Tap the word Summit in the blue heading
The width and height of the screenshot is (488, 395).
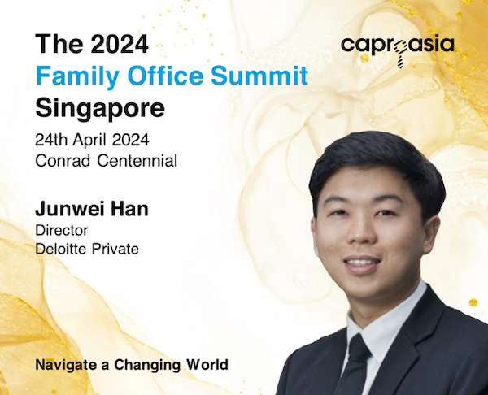[259, 76]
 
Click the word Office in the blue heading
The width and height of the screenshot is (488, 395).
[165, 76]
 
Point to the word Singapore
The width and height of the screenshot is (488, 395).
[100, 109]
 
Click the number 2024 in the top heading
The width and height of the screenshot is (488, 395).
[120, 44]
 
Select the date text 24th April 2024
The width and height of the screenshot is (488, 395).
[92, 141]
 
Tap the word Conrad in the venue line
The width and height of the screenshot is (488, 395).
[63, 161]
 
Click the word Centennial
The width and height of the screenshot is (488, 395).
[137, 161]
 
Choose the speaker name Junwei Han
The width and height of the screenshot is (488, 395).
[92, 209]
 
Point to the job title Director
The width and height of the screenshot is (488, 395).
[62, 231]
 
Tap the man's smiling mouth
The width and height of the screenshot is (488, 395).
[362, 264]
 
